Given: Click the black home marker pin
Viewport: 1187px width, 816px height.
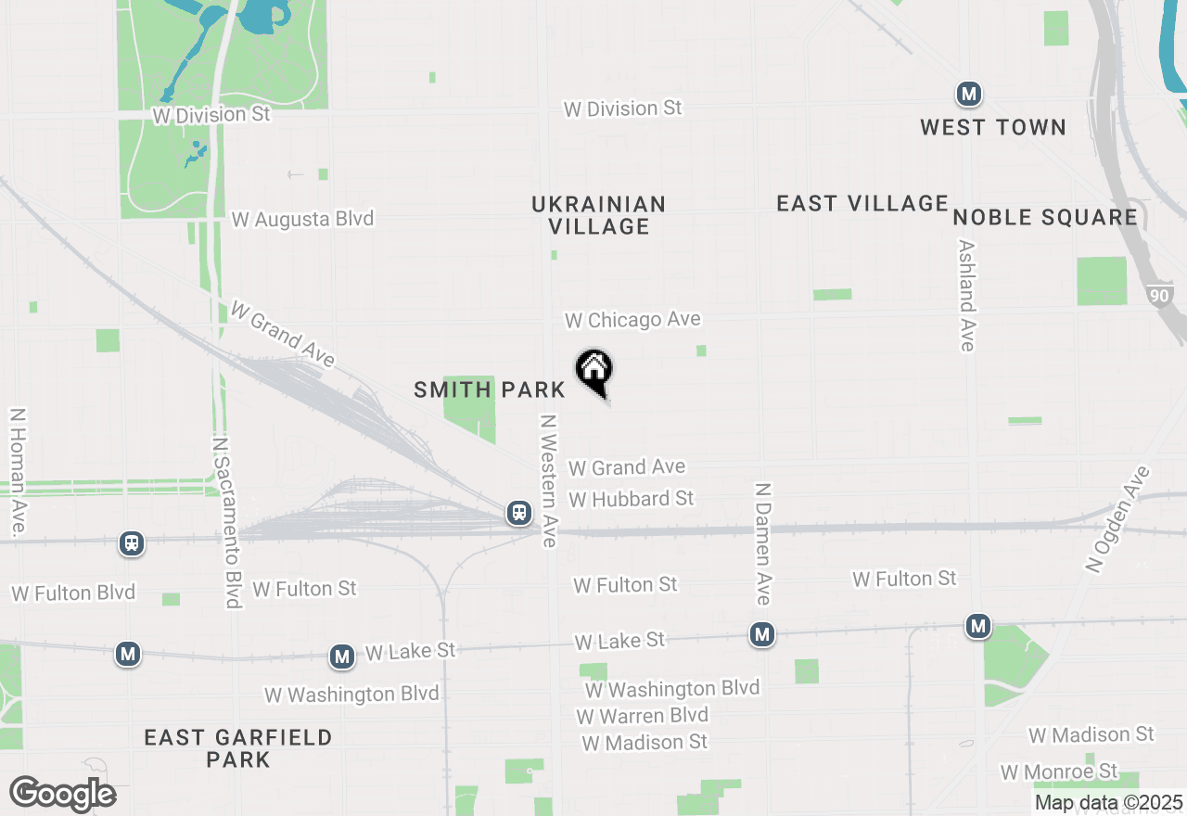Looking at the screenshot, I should coord(594,372).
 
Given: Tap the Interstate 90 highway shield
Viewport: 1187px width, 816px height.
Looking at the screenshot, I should coord(1159,296).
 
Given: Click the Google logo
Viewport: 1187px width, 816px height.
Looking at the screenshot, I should coord(62,794).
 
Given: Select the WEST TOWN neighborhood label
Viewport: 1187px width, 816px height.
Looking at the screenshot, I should coord(993,127).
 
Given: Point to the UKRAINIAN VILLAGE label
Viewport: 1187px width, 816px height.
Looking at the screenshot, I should coord(599,214).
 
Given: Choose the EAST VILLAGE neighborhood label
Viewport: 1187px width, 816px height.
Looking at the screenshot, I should coord(862,203).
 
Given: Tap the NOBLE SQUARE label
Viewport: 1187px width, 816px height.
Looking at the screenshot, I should coord(1045,217).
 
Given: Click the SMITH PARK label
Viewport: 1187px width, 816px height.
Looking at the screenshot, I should coord(490,389).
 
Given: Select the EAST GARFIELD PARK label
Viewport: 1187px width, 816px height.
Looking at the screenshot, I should coord(238,748).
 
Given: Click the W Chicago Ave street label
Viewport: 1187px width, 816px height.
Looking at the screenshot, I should coord(633,320).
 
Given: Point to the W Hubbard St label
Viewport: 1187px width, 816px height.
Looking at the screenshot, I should coord(632,499).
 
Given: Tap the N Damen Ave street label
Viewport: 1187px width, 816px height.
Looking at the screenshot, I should coord(763,543).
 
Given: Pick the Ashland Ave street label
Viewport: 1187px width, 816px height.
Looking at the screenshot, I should coord(967,296).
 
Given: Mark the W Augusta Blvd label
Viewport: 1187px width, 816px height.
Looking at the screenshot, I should coord(302,220).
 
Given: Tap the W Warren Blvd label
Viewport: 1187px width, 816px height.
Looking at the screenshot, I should coord(642,716).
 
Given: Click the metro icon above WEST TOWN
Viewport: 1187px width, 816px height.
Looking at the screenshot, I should coord(969,94).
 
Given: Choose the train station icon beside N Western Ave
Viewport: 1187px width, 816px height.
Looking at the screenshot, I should coord(518,513).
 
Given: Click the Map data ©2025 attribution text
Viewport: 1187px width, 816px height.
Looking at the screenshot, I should coord(1108,802).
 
